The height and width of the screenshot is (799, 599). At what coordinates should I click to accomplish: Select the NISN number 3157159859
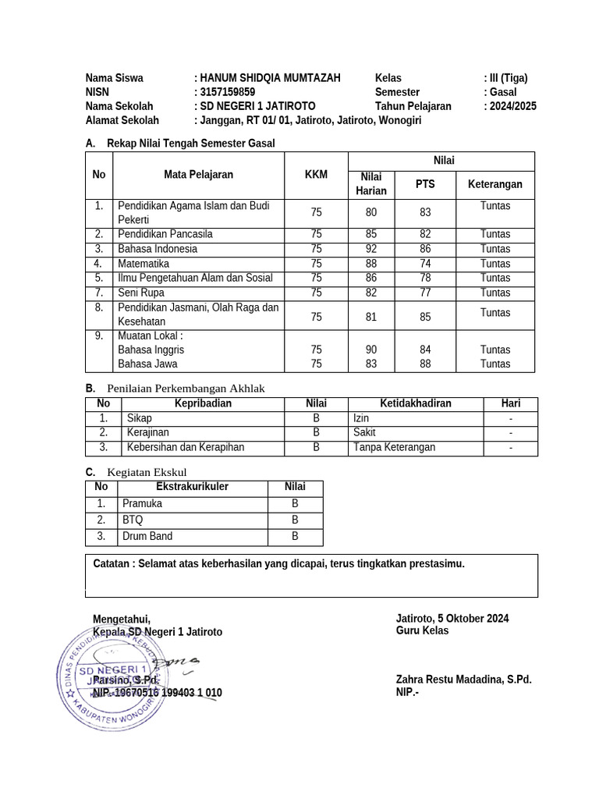228,92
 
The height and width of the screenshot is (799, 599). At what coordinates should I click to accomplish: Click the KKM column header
316,175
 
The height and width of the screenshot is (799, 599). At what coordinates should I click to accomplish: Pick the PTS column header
425,184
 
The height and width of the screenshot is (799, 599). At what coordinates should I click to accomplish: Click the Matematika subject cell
144,264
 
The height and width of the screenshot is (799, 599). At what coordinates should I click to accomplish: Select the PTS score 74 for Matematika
425,264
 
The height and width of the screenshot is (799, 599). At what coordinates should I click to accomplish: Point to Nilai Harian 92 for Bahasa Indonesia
370,249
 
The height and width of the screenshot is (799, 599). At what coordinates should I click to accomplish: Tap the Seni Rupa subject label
141,293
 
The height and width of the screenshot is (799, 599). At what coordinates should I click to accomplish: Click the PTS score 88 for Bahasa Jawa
425,364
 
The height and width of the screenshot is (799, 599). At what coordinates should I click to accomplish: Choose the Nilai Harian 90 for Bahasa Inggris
370,350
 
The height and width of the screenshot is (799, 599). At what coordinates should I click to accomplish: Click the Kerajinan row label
148,432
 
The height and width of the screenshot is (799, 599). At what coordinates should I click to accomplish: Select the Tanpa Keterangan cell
394,447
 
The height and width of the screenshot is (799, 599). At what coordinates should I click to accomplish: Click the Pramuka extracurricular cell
143,503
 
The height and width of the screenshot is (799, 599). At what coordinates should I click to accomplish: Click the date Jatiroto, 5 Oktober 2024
452,618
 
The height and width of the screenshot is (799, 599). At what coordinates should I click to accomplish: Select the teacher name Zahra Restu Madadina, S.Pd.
463,680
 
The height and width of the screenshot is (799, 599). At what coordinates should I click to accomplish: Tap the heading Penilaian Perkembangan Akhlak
186,389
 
